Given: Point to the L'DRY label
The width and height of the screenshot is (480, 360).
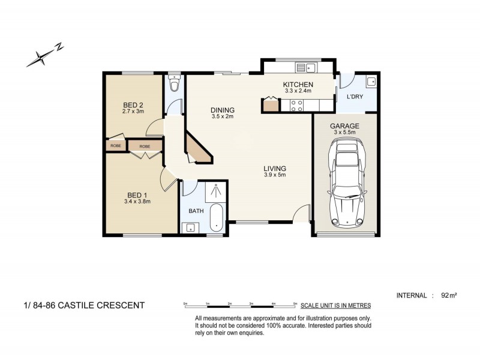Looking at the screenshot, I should [355, 97].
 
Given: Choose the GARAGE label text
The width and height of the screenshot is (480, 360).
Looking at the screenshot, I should [344, 126].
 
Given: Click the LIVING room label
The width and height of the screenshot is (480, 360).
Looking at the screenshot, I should [275, 169].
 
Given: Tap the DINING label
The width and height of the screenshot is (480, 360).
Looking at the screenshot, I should [222, 110].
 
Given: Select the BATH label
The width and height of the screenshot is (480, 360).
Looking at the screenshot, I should [196, 211].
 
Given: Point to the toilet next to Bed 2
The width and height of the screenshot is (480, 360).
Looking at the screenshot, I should [174, 85].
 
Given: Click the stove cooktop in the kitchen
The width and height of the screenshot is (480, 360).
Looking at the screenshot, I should [296, 106].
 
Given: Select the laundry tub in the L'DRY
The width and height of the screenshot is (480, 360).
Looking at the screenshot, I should [371, 81].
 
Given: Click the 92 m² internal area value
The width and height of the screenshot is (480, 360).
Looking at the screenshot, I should [449, 295].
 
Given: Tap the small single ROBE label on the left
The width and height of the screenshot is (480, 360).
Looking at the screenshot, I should [115, 146].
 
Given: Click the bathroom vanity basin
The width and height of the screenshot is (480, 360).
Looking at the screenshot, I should [190, 227].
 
